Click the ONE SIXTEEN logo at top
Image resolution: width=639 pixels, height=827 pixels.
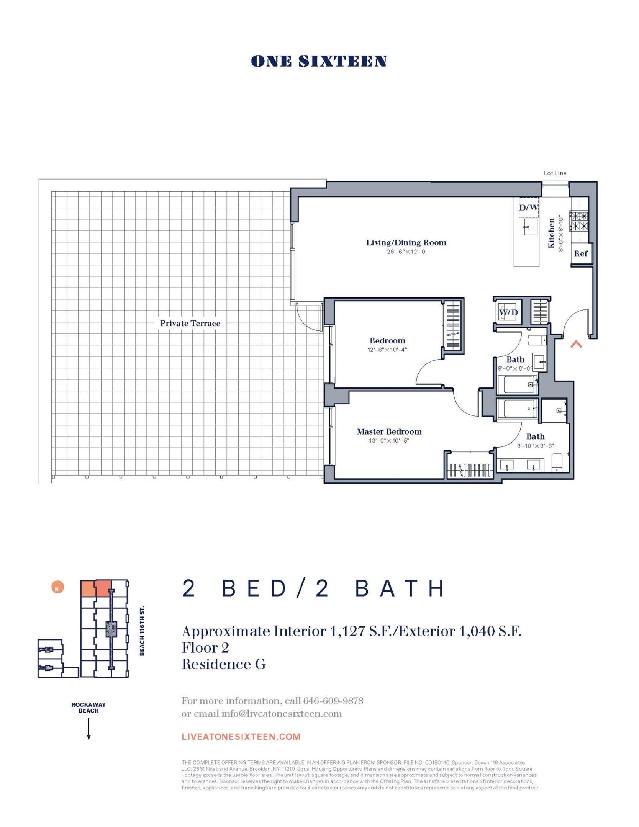pyautogui.click(x=319, y=61)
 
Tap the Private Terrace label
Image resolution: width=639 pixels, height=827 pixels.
pyautogui.click(x=190, y=324)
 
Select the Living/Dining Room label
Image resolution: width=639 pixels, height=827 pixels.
pyautogui.click(x=406, y=243)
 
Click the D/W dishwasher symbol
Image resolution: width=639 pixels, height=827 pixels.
pyautogui.click(x=528, y=208)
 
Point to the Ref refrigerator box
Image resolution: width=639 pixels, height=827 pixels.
pyautogui.click(x=581, y=254)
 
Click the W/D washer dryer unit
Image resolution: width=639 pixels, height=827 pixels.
pyautogui.click(x=508, y=313)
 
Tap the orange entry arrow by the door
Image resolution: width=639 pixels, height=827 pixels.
pyautogui.click(x=576, y=345)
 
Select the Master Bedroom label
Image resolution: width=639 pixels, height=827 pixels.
pyautogui.click(x=389, y=432)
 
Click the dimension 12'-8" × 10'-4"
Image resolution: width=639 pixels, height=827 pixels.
pyautogui.click(x=387, y=350)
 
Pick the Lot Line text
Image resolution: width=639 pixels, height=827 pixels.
pyautogui.click(x=555, y=173)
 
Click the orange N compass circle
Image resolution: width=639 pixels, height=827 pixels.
pyautogui.click(x=57, y=587)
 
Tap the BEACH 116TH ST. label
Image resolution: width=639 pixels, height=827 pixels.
pyautogui.click(x=142, y=631)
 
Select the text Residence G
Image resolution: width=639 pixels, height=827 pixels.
pyautogui.click(x=223, y=664)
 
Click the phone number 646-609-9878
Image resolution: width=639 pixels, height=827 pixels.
pyautogui.click(x=333, y=701)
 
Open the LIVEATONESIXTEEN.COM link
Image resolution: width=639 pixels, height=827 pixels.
pyautogui.click(x=241, y=737)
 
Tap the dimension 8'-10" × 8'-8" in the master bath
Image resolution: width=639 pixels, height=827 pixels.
pyautogui.click(x=535, y=446)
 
